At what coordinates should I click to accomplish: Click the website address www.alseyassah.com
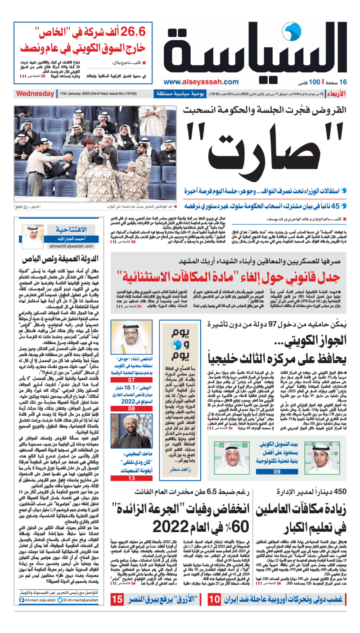[x=201, y=82]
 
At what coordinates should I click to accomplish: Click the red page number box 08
[x=132, y=409]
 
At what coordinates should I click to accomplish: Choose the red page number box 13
[x=132, y=478]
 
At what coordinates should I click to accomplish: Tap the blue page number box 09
[x=277, y=471]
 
